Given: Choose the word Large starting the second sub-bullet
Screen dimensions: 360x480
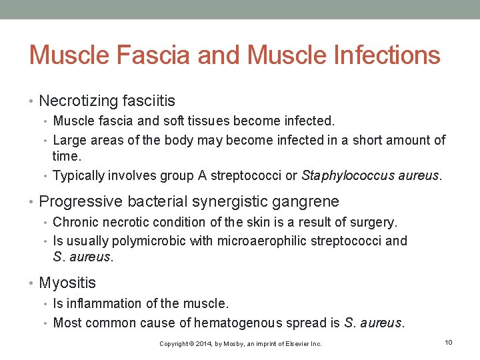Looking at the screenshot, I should (x=69, y=140).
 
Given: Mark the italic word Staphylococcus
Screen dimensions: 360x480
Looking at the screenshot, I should (x=342, y=176).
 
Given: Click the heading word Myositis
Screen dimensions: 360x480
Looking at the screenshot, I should (x=67, y=283).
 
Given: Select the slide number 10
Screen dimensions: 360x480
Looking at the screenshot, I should (x=449, y=343).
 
